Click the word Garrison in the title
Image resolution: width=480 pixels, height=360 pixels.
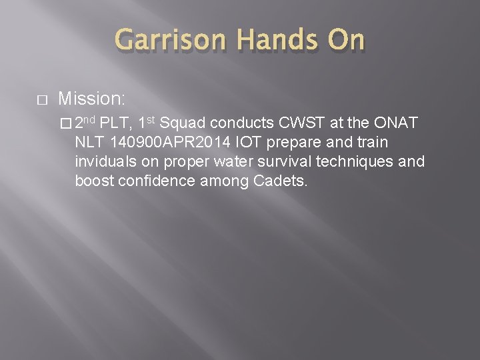[170, 41]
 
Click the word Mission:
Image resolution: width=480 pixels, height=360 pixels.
[91, 99]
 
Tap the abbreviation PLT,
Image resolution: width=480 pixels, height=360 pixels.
[117, 124]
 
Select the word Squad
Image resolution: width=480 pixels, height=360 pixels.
[183, 124]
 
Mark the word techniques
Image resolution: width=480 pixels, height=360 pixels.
[375, 162]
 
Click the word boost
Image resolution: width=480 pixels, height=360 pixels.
[93, 181]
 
